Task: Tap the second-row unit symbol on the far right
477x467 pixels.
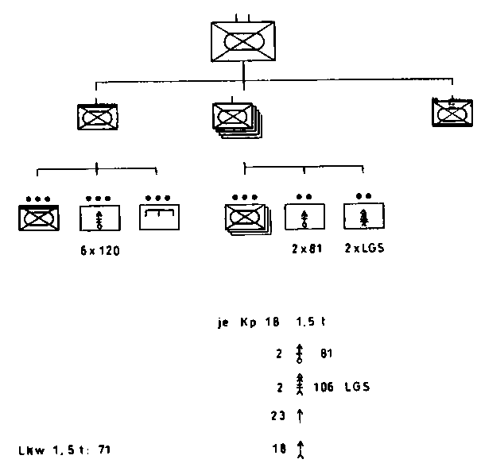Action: pos(449,113)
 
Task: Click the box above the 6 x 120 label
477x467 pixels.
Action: pos(99,216)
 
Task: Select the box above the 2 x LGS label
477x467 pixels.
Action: pos(363,215)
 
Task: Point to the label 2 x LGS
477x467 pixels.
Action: pos(365,248)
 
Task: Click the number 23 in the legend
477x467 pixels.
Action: pos(277,415)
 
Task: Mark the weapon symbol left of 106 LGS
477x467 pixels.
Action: pos(300,388)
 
